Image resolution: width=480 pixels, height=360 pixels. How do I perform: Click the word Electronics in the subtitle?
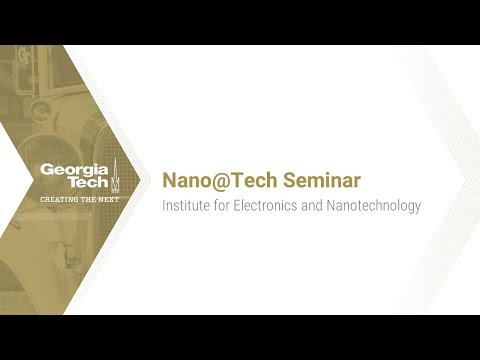[x=262, y=206]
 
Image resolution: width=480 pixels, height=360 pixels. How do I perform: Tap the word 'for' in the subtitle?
[x=220, y=206]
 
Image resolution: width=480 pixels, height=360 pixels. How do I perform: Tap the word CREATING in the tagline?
[x=57, y=200]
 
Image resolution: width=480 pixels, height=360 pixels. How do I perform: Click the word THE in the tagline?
[x=86, y=200]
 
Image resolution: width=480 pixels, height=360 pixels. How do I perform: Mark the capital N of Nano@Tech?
[x=168, y=181]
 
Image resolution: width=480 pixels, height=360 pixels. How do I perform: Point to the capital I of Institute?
[x=164, y=206]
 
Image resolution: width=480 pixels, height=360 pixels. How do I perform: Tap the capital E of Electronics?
[x=235, y=206]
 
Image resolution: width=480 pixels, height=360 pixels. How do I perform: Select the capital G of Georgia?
[x=46, y=170]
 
